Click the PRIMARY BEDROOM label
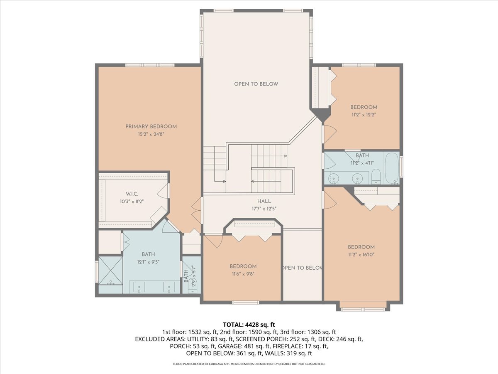point(151,126)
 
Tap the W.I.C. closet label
point(132,194)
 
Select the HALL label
point(264,201)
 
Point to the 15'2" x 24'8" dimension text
point(151,134)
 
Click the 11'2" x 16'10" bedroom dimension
point(361,255)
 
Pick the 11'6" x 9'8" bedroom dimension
point(243,274)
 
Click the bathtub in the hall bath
point(392,168)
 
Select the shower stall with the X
point(110,270)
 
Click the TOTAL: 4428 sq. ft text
point(249,325)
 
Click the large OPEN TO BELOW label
point(256,84)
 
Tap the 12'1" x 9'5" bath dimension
point(149,262)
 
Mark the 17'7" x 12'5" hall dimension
point(264,209)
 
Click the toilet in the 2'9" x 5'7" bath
point(193,287)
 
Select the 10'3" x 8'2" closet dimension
point(132,202)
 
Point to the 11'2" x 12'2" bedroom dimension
point(364,115)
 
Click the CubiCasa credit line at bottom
point(249,364)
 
